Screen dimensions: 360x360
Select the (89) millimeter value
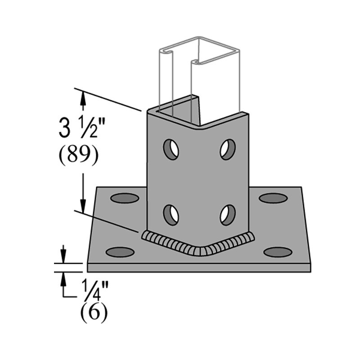tap(77, 156)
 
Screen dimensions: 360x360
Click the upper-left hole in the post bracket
tap(171, 149)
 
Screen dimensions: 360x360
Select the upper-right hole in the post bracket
tap(228, 149)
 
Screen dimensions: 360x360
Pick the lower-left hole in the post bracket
tap(171, 215)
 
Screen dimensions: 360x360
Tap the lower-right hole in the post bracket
tap(228, 215)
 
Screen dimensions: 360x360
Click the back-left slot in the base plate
tap(124, 198)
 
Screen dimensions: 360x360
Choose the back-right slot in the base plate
tap(273, 198)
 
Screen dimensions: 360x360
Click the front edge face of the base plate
tap(198, 268)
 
